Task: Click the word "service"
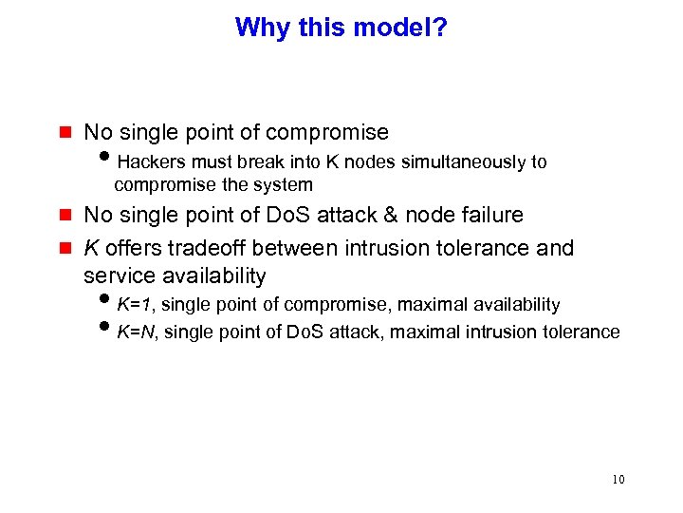click(118, 275)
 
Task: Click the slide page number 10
click(618, 480)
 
